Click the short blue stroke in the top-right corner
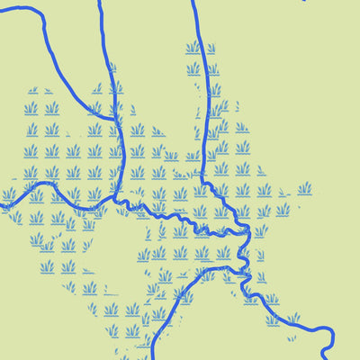coord(304,1)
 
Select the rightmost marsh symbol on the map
coord(305,188)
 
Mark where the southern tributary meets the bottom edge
coord(151,358)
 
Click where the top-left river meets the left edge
coord(1,11)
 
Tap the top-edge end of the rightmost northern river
coord(193,1)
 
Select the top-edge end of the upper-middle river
coord(99,1)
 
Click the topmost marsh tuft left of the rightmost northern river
coord(193,47)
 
